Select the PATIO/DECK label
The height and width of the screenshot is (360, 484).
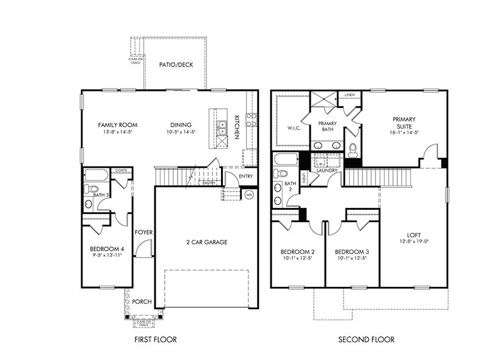[176, 65]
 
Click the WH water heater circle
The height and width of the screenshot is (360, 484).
[249, 195]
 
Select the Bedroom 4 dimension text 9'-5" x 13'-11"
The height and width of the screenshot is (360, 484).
[107, 255]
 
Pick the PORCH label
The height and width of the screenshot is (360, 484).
[142, 301]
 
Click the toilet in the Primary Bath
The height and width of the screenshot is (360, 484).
[352, 148]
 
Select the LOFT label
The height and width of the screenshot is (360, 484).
[414, 236]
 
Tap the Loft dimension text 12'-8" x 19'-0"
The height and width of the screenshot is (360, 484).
[414, 242]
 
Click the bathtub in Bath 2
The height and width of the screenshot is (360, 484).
[286, 161]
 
